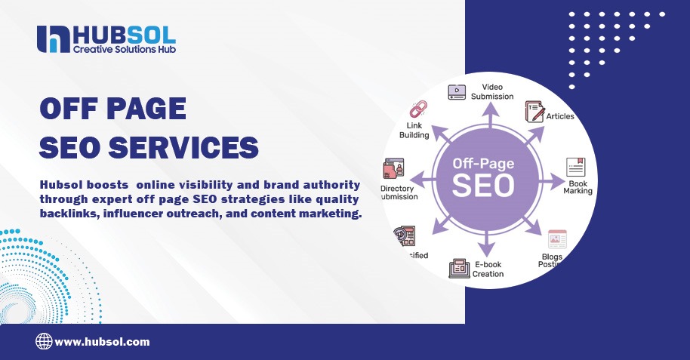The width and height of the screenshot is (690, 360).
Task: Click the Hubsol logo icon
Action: tap(52, 39)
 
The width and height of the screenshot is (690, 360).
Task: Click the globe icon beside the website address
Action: tap(44, 342)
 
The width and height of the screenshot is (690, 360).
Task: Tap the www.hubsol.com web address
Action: tap(102, 342)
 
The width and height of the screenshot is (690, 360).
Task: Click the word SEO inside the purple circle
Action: tap(484, 183)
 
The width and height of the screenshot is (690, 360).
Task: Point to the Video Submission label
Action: tap(492, 91)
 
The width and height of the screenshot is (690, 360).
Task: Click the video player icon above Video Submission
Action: tap(457, 92)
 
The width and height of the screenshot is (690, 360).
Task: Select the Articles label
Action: tap(560, 116)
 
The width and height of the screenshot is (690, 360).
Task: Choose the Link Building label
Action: tap(414, 131)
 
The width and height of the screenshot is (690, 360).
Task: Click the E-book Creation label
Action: tap(488, 269)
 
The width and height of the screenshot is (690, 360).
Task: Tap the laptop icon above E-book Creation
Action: tap(460, 268)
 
